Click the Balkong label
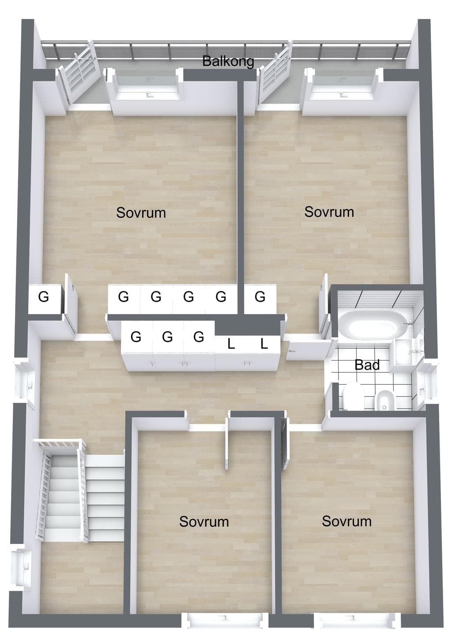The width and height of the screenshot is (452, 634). (228, 61)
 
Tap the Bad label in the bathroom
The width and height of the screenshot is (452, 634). (367, 365)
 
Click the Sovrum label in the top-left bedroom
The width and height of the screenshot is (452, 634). (141, 213)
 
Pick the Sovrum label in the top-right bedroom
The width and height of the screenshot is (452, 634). (329, 212)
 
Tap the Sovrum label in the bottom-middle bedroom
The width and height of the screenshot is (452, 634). (204, 521)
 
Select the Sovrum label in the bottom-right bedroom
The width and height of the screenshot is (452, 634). (347, 521)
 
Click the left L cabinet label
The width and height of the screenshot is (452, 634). (231, 345)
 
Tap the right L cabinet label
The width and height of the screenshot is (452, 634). (264, 344)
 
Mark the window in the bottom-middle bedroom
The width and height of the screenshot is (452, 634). (225, 625)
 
